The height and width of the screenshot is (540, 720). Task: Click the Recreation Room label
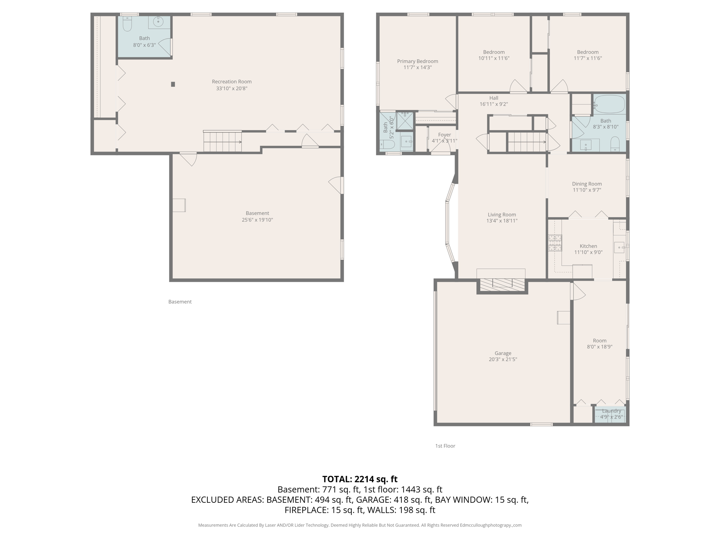pos(232,82)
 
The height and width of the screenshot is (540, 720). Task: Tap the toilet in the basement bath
pos(127,24)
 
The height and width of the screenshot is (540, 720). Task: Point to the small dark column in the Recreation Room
pos(173,84)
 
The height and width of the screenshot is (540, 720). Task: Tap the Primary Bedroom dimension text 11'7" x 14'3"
pos(417,67)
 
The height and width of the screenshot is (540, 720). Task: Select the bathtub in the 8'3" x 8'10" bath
pos(610,104)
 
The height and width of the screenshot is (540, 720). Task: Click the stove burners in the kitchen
pos(555,243)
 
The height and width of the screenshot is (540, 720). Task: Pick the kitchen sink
pos(619,247)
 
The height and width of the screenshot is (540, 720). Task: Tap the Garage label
pos(503,353)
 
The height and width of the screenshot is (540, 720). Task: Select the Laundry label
pos(611,411)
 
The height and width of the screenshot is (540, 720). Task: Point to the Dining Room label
pos(587,184)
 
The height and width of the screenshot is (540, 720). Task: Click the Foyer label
pos(444,135)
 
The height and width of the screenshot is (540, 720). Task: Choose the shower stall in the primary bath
pos(405,121)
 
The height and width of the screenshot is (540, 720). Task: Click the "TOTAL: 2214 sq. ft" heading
pos(360,479)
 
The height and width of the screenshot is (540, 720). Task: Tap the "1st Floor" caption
pos(445,446)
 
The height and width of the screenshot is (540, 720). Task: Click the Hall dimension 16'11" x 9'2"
pos(494,104)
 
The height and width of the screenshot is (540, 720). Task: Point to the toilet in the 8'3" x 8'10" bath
pos(615,143)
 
